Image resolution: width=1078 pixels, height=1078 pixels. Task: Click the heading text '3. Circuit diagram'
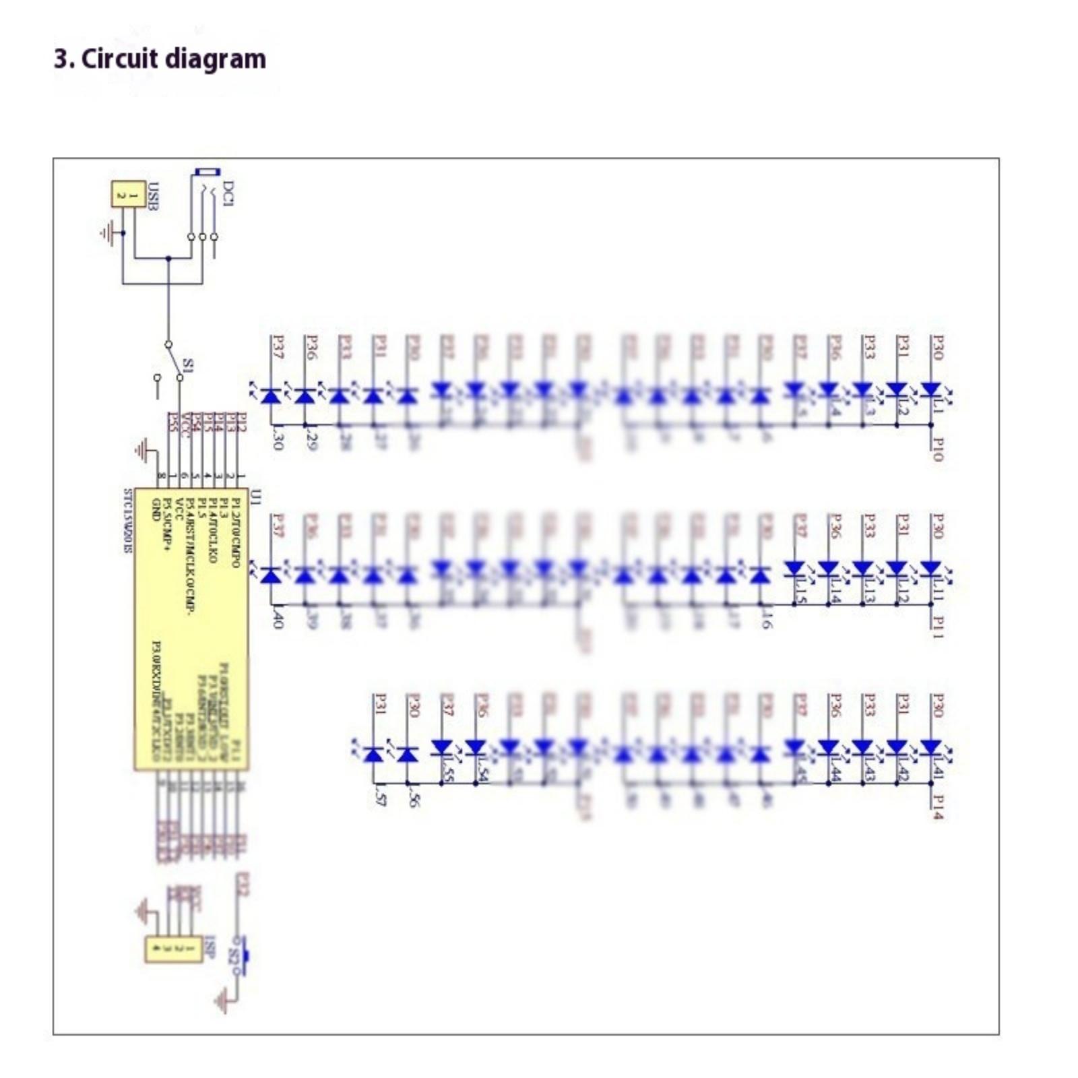[160, 59]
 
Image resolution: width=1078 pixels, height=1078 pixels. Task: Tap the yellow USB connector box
[127, 195]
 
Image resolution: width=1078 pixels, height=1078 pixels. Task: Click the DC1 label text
[228, 193]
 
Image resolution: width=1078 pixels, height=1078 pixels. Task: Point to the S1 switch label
[189, 366]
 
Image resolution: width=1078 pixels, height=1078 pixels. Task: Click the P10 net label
[937, 449]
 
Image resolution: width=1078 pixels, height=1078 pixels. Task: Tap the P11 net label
[937, 627]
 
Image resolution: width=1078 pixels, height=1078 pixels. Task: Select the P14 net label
[937, 806]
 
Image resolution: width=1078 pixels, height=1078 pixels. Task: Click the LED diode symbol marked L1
[930, 389]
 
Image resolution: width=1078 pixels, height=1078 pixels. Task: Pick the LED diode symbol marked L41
[930, 748]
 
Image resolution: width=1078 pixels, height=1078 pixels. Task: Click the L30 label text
[277, 439]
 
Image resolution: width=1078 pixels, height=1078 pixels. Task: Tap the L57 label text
[379, 796]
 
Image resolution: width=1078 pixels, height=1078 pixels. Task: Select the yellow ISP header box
[174, 949]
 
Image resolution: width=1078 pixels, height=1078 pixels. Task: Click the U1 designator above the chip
[256, 498]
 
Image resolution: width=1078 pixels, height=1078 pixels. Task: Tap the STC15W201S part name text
[127, 521]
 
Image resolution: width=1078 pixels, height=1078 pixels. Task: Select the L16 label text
[766, 618]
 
